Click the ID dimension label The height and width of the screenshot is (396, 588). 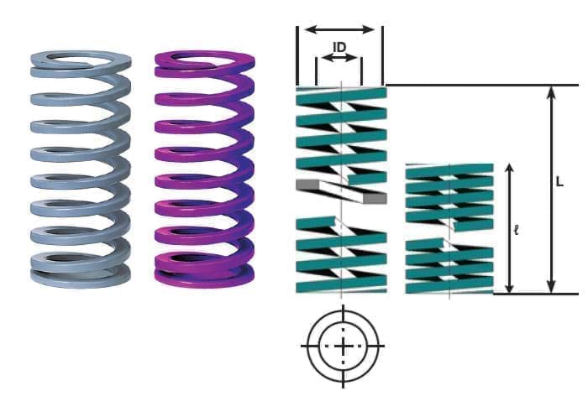tap(339, 47)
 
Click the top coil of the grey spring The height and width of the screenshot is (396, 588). tap(81, 60)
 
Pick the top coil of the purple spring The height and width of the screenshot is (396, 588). tap(205, 60)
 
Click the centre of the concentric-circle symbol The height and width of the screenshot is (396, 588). tap(344, 346)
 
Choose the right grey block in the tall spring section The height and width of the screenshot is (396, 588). tap(375, 199)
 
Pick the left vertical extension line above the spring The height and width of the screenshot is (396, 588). tap(297, 55)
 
